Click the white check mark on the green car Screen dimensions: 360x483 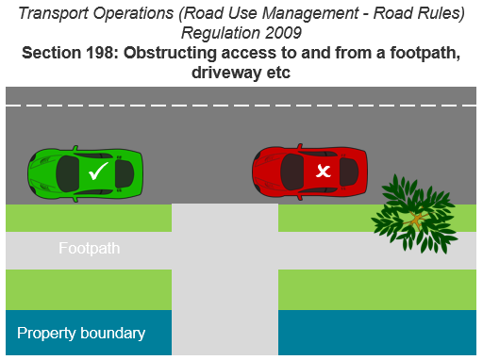97,172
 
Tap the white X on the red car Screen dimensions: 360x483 324,171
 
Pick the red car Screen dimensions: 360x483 309,172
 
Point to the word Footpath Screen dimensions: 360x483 89,250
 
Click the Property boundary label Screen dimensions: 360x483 81,333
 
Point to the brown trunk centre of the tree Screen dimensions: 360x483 415,221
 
